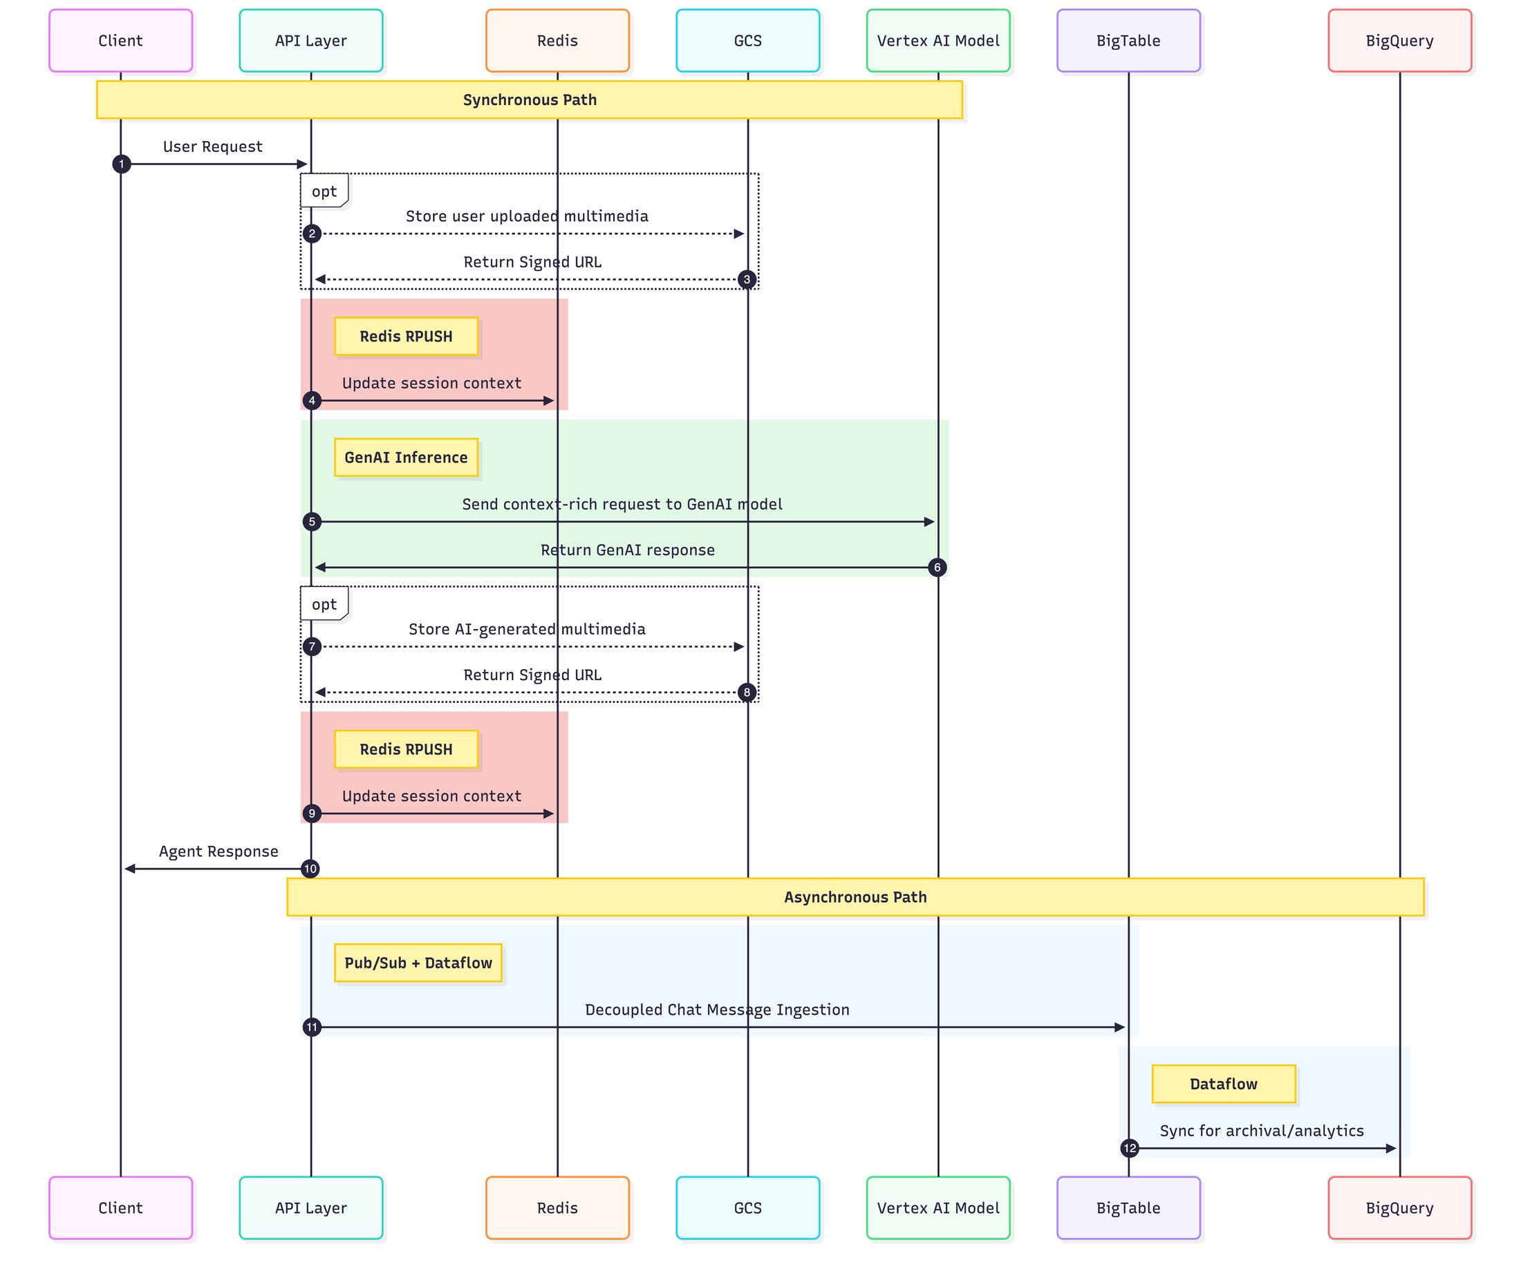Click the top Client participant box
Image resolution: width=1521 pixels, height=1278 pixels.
point(121,41)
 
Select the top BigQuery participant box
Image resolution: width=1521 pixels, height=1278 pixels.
point(1399,41)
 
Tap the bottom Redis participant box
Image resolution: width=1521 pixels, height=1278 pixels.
point(557,1207)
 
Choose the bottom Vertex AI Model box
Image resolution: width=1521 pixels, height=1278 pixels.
point(937,1207)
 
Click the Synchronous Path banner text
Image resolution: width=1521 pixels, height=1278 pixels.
point(530,100)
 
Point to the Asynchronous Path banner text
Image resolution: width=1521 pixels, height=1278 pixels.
point(855,897)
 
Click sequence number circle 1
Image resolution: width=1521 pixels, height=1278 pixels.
point(122,165)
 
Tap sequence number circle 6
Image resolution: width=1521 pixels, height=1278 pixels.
point(937,567)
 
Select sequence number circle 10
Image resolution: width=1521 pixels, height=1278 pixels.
point(310,869)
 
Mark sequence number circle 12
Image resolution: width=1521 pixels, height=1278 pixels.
point(1130,1148)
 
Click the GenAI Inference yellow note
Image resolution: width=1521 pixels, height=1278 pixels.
point(406,458)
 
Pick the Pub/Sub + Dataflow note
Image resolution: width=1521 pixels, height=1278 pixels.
point(418,963)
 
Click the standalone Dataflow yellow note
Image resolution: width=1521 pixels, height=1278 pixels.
point(1223,1084)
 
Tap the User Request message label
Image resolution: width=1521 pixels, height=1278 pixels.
point(212,147)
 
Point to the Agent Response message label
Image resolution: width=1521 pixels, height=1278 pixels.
point(218,852)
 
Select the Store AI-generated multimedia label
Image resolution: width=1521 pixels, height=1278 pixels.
point(527,629)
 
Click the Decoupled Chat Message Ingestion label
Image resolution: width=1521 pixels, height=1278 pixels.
point(717,1010)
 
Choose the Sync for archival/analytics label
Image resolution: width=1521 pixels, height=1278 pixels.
point(1262,1131)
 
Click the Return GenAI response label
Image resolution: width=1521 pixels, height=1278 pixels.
point(628,550)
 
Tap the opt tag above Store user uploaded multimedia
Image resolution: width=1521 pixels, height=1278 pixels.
point(324,191)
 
